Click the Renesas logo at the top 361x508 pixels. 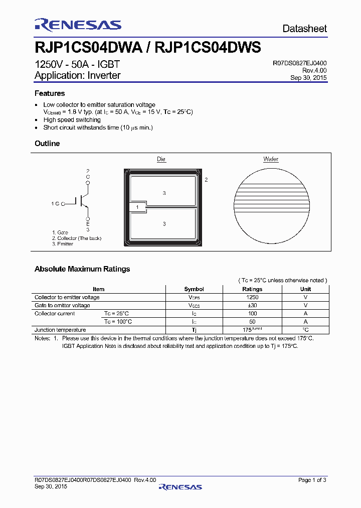tap(78, 26)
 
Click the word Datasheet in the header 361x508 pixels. tap(304, 29)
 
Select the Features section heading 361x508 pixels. tap(50, 93)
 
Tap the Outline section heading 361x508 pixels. tap(47, 144)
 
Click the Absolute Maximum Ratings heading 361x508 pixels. tap(82, 269)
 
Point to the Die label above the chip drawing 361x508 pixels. tap(161, 159)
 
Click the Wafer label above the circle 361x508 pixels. tap(271, 159)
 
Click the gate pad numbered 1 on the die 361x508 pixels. tap(137, 207)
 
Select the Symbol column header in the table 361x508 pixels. tap(194, 289)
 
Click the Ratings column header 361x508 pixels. tap(252, 289)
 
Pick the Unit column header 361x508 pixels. tap(305, 289)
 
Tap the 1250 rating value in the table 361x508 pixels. tap(252, 297)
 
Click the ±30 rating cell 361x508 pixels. tap(252, 305)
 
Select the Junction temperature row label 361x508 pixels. tap(60, 330)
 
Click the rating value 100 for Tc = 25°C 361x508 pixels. tap(252, 313)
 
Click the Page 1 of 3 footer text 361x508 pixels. tap(312, 480)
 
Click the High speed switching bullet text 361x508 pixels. tap(72, 120)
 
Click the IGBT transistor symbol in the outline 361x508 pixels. tap(83, 201)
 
